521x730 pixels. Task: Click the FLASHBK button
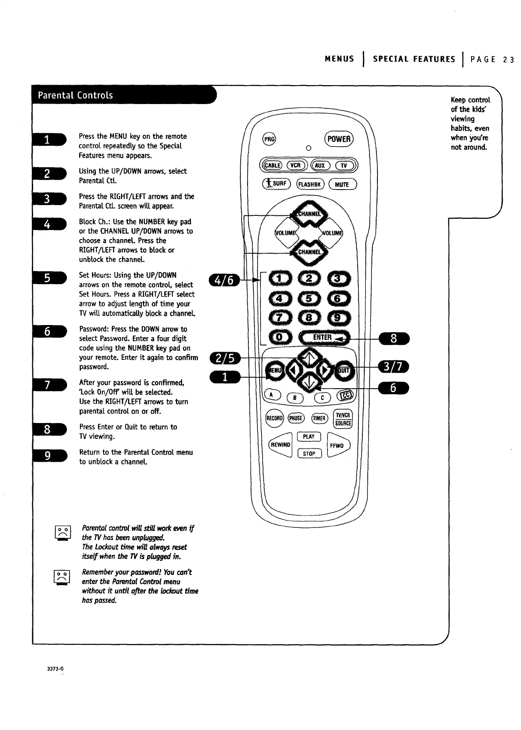[x=310, y=184]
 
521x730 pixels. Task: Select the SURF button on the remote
[x=276, y=184]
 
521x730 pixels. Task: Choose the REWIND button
[x=280, y=445]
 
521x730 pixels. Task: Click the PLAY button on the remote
[x=309, y=437]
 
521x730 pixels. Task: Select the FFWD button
[x=337, y=445]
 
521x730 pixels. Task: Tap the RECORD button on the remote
[x=274, y=418]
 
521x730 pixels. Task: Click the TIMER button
[x=319, y=418]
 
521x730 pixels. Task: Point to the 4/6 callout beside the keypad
[x=224, y=280]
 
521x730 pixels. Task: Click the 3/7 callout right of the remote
[x=393, y=367]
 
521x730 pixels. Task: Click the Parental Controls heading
[x=76, y=95]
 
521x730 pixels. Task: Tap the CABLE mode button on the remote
[x=272, y=166]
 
